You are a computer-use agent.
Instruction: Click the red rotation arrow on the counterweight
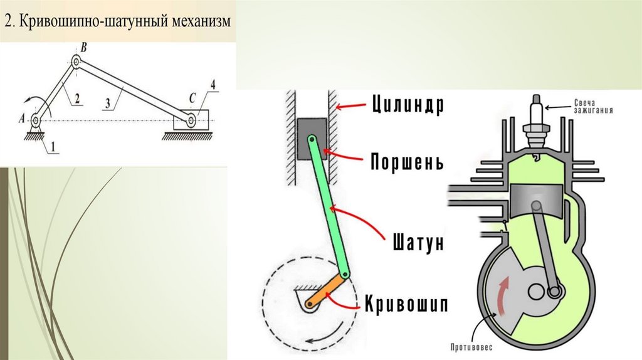(x=502, y=294)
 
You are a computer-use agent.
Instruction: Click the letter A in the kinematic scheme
(x=23, y=118)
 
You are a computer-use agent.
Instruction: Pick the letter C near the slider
(x=192, y=98)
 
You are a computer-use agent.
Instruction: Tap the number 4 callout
(x=214, y=84)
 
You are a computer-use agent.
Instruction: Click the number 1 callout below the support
(x=53, y=147)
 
